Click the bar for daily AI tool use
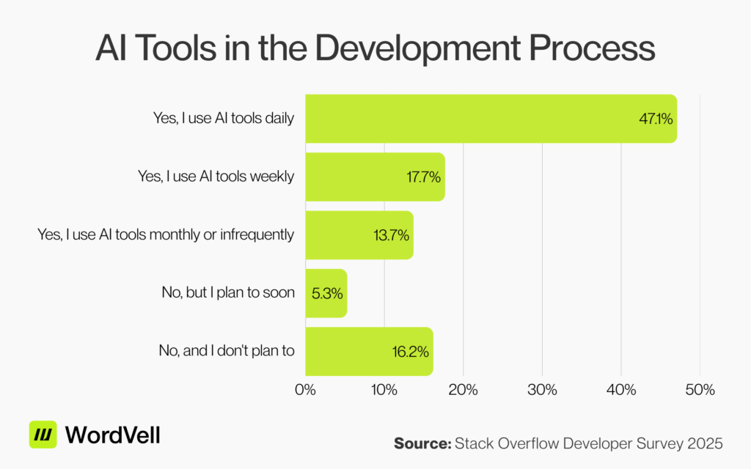pos(491,118)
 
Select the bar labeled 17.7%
pos(375,177)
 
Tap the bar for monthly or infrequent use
pos(359,235)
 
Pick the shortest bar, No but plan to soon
pos(326,293)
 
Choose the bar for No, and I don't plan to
pos(369,351)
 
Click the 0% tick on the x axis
pos(305,389)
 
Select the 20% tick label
pos(463,389)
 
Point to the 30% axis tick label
pos(542,389)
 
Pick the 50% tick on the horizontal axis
pos(700,389)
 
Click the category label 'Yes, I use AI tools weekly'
pos(216,177)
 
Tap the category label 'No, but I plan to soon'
pos(228,292)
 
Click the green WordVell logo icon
pos(43,435)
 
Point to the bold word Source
pos(422,443)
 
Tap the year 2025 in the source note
pos(706,443)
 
